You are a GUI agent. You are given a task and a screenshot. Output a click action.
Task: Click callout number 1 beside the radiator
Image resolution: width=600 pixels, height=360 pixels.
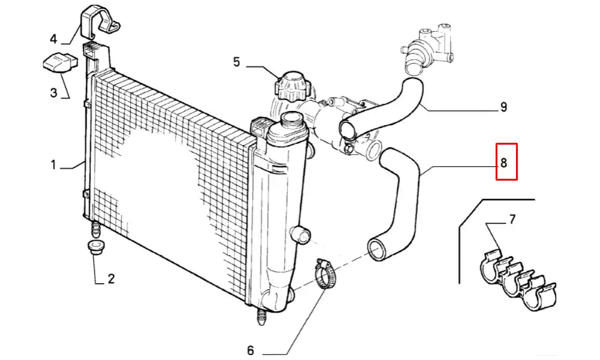click(53, 164)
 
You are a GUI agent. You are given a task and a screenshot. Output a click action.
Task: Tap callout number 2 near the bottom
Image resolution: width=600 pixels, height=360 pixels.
click(111, 278)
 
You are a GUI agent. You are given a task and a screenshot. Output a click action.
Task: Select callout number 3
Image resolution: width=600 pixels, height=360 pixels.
click(53, 92)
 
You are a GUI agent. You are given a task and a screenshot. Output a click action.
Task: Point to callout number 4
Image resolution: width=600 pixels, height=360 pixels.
click(53, 40)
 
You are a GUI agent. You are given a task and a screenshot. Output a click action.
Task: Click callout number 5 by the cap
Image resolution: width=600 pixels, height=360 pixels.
click(236, 61)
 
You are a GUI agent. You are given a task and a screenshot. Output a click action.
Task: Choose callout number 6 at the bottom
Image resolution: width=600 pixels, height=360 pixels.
click(251, 350)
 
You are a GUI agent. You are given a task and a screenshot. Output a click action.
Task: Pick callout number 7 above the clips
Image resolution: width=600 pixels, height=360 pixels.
click(512, 220)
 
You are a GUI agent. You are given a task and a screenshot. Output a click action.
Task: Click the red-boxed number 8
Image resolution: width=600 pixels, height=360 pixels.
click(506, 162)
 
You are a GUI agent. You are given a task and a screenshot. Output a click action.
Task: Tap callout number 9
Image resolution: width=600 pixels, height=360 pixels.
click(504, 107)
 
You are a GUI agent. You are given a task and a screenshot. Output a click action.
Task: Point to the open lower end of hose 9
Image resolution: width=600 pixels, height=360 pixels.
click(349, 128)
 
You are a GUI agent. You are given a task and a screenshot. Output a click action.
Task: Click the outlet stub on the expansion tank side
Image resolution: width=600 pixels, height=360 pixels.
click(302, 233)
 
